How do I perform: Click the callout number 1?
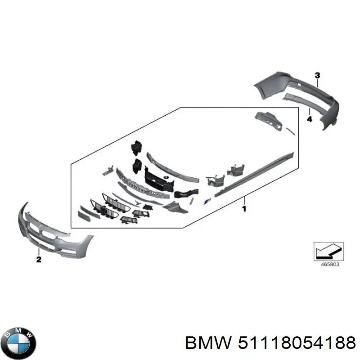tap(244, 209)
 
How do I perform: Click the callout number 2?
tap(39, 259)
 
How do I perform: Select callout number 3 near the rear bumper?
tap(317, 75)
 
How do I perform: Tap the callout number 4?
tap(310, 119)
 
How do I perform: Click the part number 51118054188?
tap(297, 343)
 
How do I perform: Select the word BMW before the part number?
tap(208, 343)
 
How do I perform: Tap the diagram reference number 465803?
tap(329, 264)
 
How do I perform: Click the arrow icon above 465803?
tap(328, 251)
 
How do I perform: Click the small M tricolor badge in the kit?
tap(206, 202)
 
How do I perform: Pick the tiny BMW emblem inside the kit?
tap(166, 177)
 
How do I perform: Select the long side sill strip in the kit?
tap(254, 175)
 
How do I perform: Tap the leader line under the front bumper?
tap(39, 252)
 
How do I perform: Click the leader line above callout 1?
tap(244, 201)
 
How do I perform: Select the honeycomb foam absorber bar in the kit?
tap(142, 183)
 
